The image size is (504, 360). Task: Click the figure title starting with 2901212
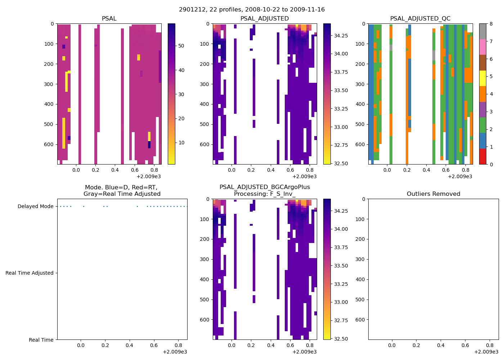pos(252,10)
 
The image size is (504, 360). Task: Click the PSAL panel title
pos(109,19)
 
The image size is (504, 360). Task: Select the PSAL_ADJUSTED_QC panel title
pos(420,19)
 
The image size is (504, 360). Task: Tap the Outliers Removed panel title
pos(433,194)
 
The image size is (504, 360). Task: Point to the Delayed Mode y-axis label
pos(35,207)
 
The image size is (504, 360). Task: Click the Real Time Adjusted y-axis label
pos(30,273)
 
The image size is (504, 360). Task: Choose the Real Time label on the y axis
pos(41,340)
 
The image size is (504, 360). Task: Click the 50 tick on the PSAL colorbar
pos(181,46)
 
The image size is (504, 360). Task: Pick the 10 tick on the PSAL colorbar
pos(181,143)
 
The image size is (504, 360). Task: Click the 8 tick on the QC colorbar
pos(491,24)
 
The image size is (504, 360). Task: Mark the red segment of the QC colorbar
pos(483,157)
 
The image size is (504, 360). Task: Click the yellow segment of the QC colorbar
pos(483,78)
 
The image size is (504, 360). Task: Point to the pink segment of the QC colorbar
pos(483,47)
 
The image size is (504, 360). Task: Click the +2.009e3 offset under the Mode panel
pos(175,352)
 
